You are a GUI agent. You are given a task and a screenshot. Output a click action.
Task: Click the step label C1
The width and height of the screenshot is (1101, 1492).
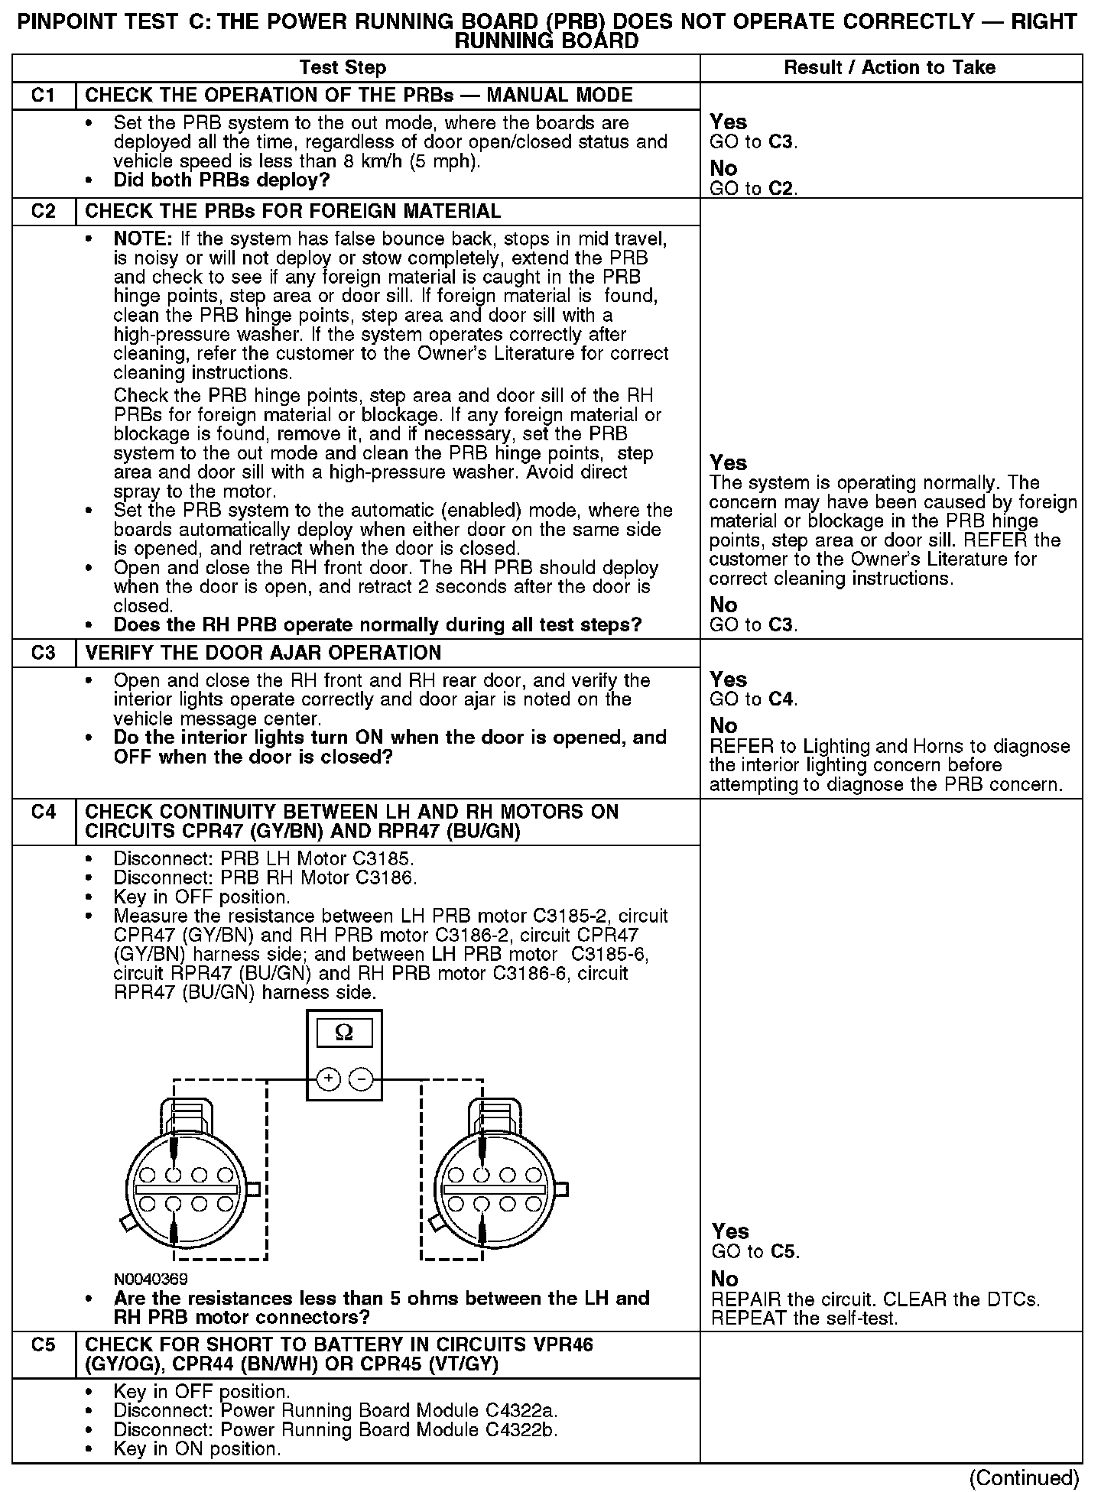pyautogui.click(x=44, y=96)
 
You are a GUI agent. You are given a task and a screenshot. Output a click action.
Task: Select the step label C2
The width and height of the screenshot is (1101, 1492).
pyautogui.click(x=44, y=211)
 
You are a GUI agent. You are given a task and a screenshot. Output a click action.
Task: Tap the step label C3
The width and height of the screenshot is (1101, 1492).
pyautogui.click(x=44, y=653)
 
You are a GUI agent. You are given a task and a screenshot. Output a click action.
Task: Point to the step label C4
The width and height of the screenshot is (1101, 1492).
pyautogui.click(x=44, y=812)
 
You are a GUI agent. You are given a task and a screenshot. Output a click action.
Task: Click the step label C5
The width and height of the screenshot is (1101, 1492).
pyautogui.click(x=44, y=1344)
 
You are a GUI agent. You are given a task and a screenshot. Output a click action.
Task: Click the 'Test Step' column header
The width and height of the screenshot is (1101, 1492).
pyautogui.click(x=343, y=68)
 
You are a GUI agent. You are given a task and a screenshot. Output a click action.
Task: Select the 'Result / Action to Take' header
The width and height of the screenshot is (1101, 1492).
pyautogui.click(x=890, y=68)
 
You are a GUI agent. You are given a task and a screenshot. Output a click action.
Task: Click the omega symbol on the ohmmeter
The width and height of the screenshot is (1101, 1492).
pyautogui.click(x=344, y=1033)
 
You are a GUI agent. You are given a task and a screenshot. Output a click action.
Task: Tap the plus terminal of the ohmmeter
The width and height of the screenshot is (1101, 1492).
pyautogui.click(x=327, y=1079)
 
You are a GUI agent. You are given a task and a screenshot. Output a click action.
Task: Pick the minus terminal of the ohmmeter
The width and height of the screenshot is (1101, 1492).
pyautogui.click(x=361, y=1079)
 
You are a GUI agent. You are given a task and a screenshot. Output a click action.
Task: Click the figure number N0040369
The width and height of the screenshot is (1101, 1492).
pyautogui.click(x=151, y=1279)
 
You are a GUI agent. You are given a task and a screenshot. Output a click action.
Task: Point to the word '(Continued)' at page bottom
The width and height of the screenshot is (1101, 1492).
pyautogui.click(x=1024, y=1477)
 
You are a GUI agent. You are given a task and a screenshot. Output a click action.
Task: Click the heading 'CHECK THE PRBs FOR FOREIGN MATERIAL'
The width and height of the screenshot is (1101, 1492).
pyautogui.click(x=293, y=211)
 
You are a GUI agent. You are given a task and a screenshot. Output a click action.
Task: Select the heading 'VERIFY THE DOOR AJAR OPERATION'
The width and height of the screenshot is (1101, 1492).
pyautogui.click(x=263, y=653)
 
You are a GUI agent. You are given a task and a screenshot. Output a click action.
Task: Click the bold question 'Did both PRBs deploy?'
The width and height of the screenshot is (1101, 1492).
pyautogui.click(x=221, y=180)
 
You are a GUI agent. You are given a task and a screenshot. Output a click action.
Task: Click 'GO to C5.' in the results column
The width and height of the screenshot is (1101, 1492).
pyautogui.click(x=755, y=1251)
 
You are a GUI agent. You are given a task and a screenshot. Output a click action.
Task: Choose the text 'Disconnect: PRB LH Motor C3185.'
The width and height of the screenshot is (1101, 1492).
pyautogui.click(x=264, y=858)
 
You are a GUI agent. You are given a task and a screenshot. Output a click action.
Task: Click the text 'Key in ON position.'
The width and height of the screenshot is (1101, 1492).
pyautogui.click(x=197, y=1448)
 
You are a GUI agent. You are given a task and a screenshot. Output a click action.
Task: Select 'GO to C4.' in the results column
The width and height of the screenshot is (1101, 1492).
pyautogui.click(x=754, y=699)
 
